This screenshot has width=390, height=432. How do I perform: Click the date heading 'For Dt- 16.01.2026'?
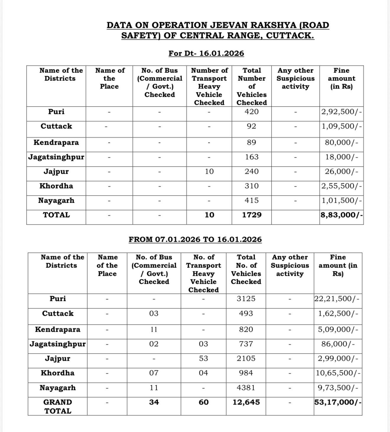coord(206,54)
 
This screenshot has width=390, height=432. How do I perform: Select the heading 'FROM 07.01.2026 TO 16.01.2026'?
coord(195,239)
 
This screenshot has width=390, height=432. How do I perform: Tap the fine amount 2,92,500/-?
coord(341,112)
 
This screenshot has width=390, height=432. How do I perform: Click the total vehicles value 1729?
coord(252,215)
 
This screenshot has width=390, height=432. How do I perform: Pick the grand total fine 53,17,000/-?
coord(338,402)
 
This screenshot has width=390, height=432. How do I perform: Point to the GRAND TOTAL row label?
coord(58,406)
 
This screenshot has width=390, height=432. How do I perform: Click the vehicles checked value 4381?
coord(246,388)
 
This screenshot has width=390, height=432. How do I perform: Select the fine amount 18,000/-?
coord(342,157)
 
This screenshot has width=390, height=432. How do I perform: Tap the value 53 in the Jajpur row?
coord(203,359)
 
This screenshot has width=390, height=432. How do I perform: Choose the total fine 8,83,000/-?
coord(341,215)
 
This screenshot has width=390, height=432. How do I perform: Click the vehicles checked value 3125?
coord(246,299)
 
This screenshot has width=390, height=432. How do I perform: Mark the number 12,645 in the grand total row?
coord(246,402)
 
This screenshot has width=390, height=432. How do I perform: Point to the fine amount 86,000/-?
coord(338,344)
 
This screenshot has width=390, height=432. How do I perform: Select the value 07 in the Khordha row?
coord(154,373)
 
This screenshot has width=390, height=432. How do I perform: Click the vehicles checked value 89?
coord(251,143)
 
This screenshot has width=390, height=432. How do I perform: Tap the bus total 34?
coord(154,402)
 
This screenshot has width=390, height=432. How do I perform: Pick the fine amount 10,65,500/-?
coord(338,373)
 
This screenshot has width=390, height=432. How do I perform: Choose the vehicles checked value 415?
coord(251,201)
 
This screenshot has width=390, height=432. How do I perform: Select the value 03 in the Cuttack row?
coord(154,314)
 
